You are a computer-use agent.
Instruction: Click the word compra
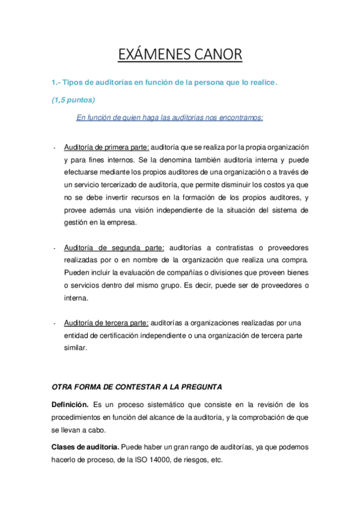tap(293, 260)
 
